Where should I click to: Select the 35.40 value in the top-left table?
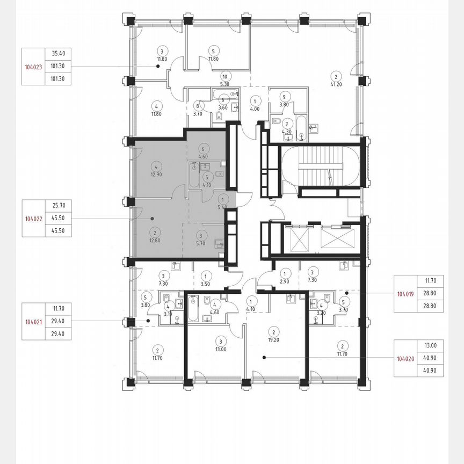[59, 54]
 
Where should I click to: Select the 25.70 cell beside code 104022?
[59, 206]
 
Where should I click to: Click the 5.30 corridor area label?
[225, 84]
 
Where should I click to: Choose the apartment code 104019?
[405, 294]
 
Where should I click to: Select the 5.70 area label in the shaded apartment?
[200, 243]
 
